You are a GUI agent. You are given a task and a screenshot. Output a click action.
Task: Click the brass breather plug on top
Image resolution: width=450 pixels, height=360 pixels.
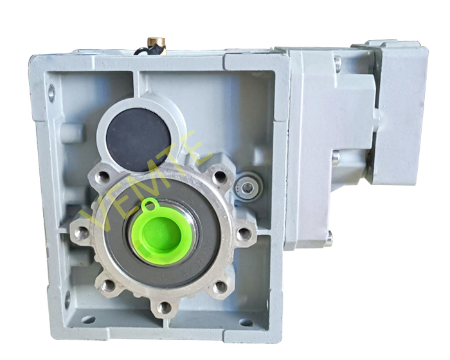pos(157,46)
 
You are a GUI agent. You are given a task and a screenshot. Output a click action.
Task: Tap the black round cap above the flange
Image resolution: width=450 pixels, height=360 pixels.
pos(138,139)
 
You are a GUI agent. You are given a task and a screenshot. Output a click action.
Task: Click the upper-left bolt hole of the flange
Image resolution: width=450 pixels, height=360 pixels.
pos(102,177)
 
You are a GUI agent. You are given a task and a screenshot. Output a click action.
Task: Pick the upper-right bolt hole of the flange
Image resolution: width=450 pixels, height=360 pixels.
pos(220,176)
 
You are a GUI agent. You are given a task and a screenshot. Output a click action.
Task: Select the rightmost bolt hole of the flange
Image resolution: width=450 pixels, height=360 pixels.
pos(244,233)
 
